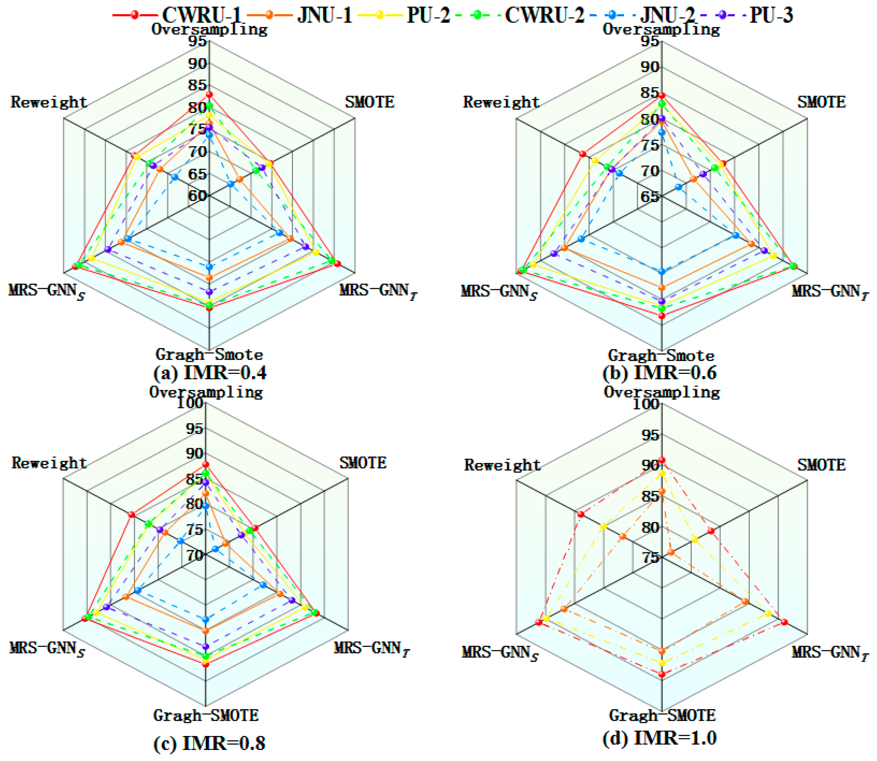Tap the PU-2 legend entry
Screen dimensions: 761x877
pos(404,15)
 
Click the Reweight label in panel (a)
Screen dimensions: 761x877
pos(49,102)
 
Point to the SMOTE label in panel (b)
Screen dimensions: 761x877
pos(821,102)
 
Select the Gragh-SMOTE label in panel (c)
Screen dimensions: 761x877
pos(206,715)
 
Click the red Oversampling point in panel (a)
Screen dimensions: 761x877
pos(209,94)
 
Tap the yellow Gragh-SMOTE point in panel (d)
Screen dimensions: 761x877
pos(661,663)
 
